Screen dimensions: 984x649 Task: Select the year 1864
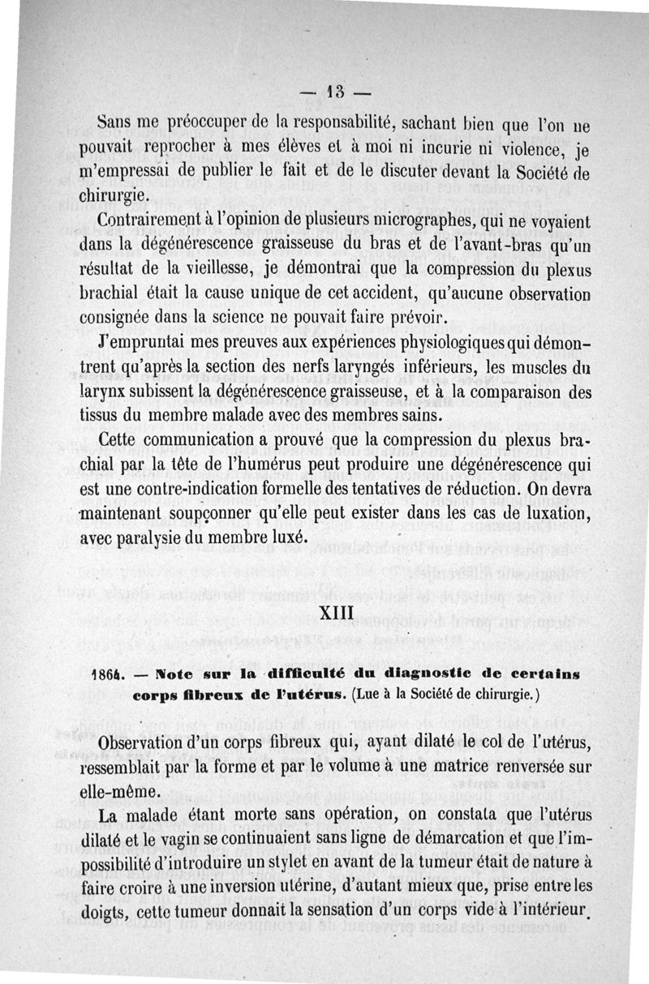coord(107,674)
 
